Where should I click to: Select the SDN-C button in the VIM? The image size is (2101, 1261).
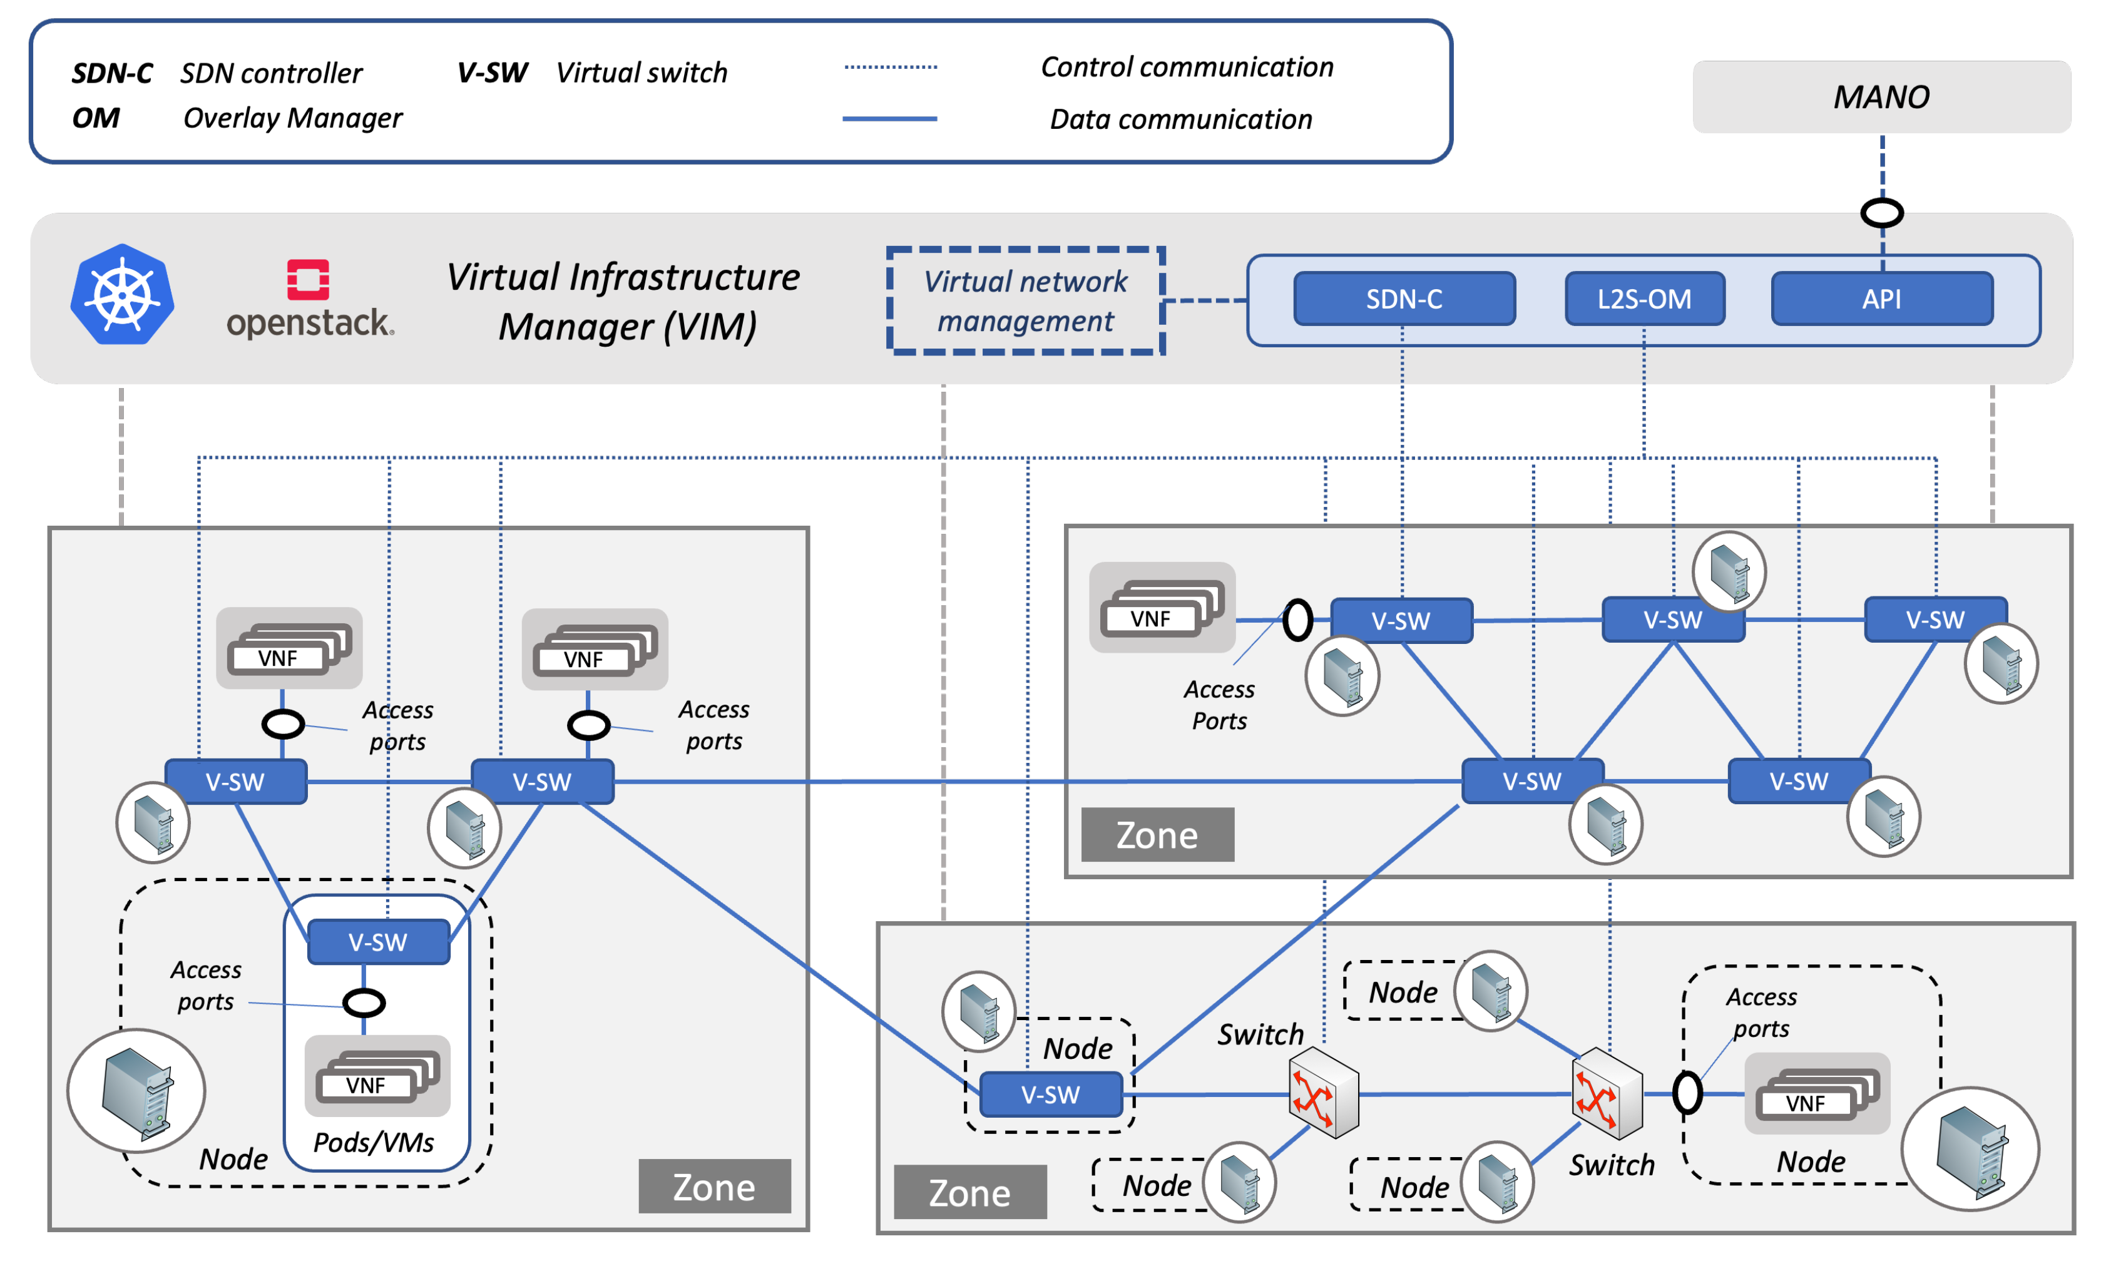(x=1404, y=299)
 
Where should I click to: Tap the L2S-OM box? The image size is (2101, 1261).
(x=1644, y=299)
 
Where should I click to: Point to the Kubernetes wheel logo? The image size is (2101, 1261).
(x=122, y=295)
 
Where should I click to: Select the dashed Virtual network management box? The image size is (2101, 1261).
(x=1025, y=301)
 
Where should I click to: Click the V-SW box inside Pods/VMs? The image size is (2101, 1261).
(x=378, y=941)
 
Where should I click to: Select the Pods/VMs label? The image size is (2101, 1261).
(x=374, y=1142)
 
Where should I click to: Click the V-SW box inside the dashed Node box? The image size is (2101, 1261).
(x=1050, y=1095)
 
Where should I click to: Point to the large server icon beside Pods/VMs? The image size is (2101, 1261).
(x=136, y=1090)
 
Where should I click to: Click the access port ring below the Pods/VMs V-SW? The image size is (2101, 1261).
(x=364, y=1003)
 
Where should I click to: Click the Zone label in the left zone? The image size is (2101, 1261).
(x=713, y=1187)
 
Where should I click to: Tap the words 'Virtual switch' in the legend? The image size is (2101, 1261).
(x=642, y=73)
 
